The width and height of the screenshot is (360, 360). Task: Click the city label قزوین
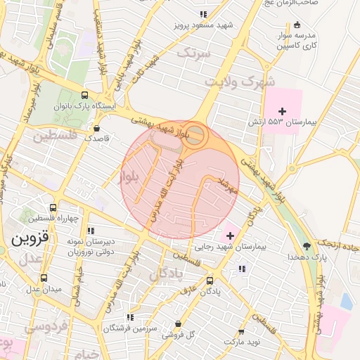pyautogui.click(x=30, y=238)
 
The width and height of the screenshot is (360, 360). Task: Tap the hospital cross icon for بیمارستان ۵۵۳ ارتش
pyautogui.click(x=283, y=111)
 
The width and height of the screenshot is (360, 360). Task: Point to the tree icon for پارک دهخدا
pyautogui.click(x=307, y=245)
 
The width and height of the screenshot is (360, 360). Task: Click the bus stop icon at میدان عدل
pyautogui.click(x=44, y=278)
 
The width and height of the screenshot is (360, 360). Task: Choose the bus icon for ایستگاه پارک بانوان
pyautogui.click(x=85, y=96)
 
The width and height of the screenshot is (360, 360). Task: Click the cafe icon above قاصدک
pyautogui.click(x=97, y=128)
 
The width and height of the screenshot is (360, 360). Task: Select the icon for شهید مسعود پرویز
pyautogui.click(x=203, y=14)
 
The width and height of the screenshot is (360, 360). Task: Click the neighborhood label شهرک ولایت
pyautogui.click(x=240, y=82)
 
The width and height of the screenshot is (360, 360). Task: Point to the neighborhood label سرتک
pyautogui.click(x=193, y=53)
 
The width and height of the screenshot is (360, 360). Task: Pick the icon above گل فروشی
pyautogui.click(x=178, y=324)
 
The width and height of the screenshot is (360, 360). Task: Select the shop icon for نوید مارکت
pyautogui.click(x=242, y=331)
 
